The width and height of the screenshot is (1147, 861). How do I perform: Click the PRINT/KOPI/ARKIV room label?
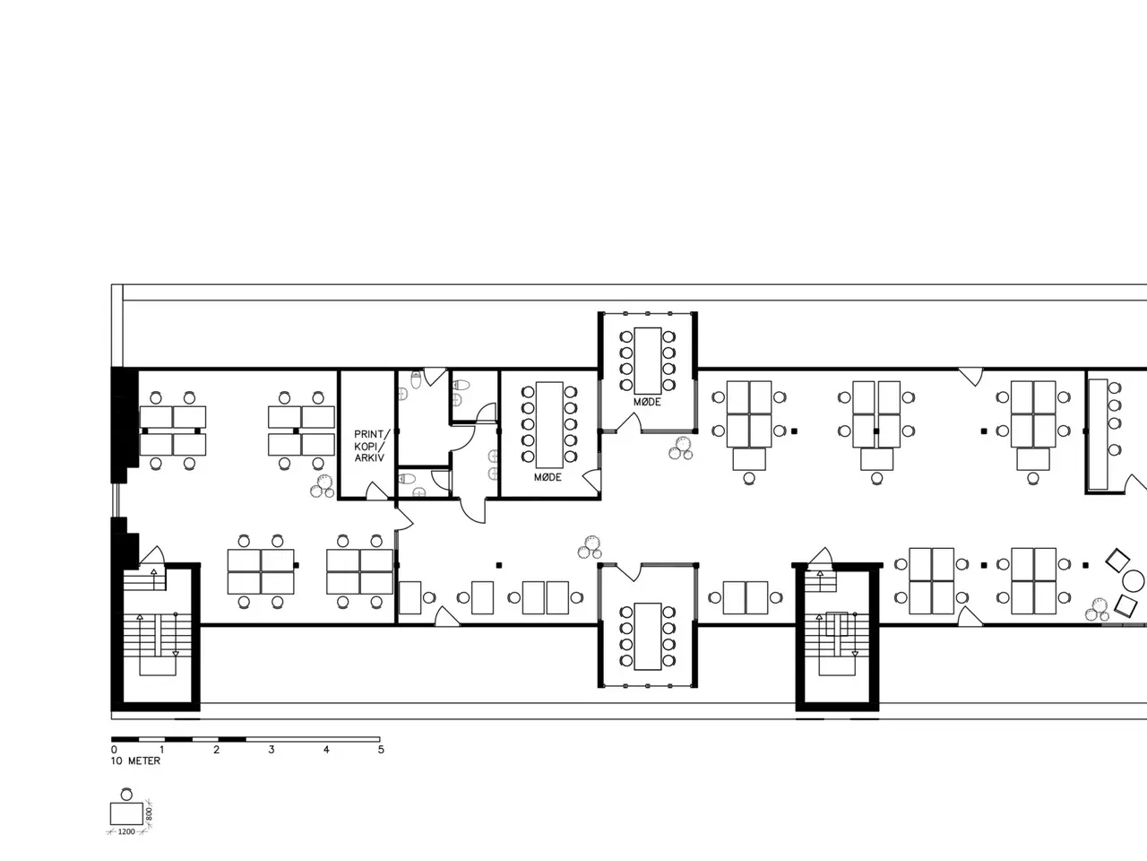click(369, 446)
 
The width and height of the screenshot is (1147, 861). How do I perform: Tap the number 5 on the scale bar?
click(381, 750)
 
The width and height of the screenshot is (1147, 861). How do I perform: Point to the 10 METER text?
click(135, 761)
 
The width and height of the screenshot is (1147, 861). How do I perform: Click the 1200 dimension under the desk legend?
click(126, 831)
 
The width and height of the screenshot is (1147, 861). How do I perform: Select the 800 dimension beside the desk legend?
click(149, 814)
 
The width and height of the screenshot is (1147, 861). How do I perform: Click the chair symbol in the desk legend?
click(126, 794)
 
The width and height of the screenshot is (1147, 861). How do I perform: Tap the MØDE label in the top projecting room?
click(648, 402)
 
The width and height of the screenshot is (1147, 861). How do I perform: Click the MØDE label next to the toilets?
click(548, 477)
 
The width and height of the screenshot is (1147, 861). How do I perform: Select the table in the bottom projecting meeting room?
click(648, 636)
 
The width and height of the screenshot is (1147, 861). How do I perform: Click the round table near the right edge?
click(1134, 581)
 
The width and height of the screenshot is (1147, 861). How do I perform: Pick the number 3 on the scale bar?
click(272, 750)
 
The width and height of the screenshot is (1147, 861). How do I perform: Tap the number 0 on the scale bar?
click(114, 750)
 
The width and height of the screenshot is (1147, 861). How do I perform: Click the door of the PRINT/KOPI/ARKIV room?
click(376, 491)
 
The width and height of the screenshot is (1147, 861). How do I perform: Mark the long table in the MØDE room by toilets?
click(549, 425)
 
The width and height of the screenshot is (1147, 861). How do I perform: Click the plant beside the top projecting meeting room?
click(681, 448)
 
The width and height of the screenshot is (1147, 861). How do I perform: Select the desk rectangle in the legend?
click(126, 814)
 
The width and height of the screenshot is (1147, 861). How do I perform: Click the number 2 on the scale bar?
click(216, 750)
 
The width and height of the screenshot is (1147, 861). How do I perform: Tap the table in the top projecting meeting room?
click(648, 361)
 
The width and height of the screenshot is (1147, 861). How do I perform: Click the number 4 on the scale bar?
click(326, 750)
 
